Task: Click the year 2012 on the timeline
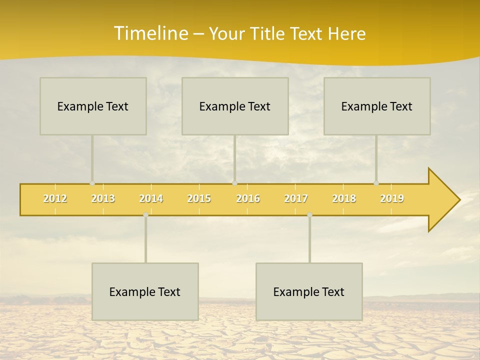click(x=55, y=198)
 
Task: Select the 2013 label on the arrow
click(x=103, y=198)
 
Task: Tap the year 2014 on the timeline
click(x=151, y=198)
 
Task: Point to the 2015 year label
click(x=199, y=198)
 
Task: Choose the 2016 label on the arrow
click(x=248, y=198)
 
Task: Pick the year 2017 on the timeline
click(x=296, y=198)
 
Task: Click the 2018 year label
click(x=344, y=198)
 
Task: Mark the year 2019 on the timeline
click(x=392, y=198)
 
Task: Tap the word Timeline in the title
click(x=150, y=33)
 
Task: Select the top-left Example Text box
click(x=93, y=106)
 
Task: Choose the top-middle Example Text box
click(x=235, y=106)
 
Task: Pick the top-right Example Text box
click(x=377, y=106)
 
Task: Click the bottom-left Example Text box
click(x=145, y=291)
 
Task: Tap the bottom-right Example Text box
click(x=309, y=291)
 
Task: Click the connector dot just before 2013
click(x=92, y=183)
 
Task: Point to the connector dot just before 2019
click(x=376, y=183)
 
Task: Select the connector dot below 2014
click(x=145, y=215)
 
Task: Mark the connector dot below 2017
click(x=309, y=215)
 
